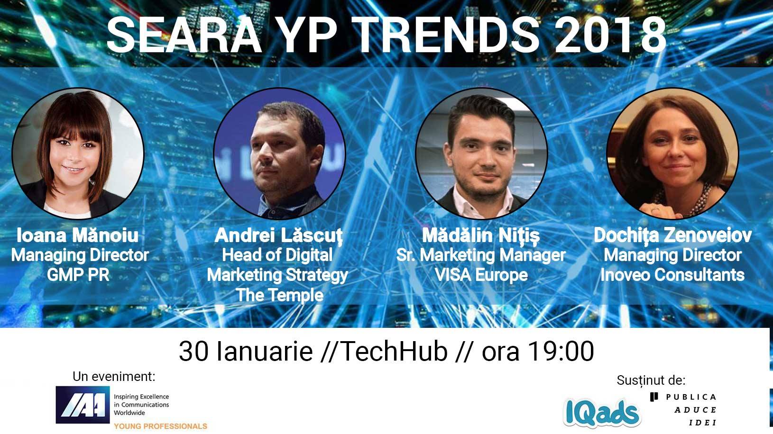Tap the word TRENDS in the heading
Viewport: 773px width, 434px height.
coord(445,35)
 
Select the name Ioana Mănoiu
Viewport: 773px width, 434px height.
coord(78,235)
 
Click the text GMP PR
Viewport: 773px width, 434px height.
coord(78,275)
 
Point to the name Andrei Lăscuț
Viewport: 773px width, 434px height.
coord(278,236)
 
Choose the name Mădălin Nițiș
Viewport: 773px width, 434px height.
coord(481,236)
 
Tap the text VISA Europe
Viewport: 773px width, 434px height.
coord(481,275)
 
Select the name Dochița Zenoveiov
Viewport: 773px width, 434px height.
coord(672,236)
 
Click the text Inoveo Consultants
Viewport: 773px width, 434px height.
coord(672,275)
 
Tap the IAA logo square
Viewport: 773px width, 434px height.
coord(83,405)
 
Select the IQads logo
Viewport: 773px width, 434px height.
coord(602,413)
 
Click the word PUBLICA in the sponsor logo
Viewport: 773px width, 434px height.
coord(691,397)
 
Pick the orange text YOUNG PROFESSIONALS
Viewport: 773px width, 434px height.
coord(160,426)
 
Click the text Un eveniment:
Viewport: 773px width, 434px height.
coord(114,377)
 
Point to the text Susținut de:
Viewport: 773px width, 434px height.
coord(651,380)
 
